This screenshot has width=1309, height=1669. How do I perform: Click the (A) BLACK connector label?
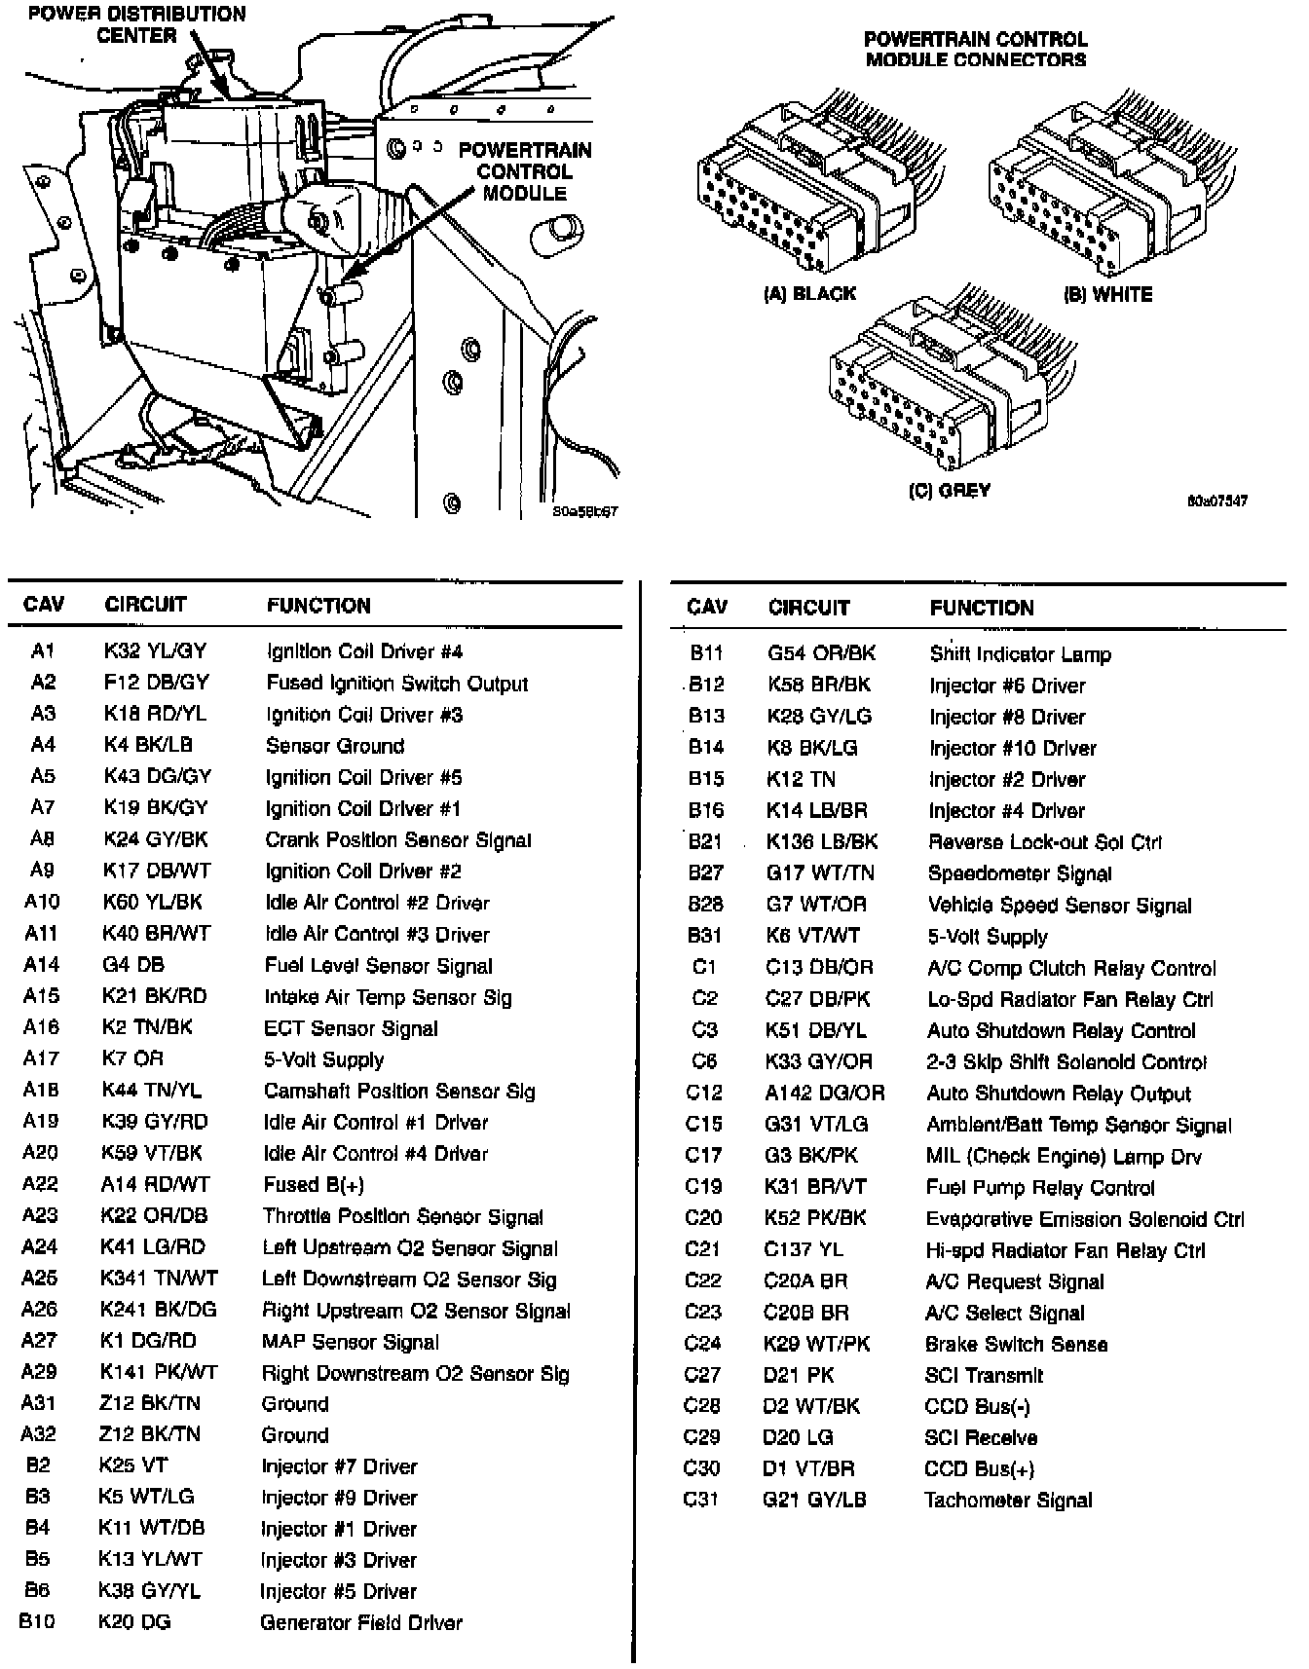809,294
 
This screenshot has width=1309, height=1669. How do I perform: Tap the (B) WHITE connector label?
1107,294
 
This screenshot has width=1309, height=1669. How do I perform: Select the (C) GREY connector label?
949,491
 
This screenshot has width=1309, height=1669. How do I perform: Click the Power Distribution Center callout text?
137,24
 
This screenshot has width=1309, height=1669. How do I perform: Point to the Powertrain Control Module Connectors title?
975,49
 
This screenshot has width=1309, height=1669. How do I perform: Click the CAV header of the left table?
43,605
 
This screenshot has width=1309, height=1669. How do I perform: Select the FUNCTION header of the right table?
981,608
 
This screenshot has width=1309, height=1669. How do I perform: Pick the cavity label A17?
41,1058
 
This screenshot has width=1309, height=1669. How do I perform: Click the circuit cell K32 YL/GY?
155,651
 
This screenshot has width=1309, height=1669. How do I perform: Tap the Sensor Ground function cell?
334,746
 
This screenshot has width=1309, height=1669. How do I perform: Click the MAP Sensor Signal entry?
350,1342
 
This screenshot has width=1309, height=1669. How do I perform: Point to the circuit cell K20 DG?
133,1622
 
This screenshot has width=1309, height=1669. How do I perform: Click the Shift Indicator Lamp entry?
1020,654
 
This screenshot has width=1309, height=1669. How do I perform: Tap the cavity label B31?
704,936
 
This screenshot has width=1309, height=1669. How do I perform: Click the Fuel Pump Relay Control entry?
1039,1188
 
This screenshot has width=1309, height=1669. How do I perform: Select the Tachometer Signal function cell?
1008,1501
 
